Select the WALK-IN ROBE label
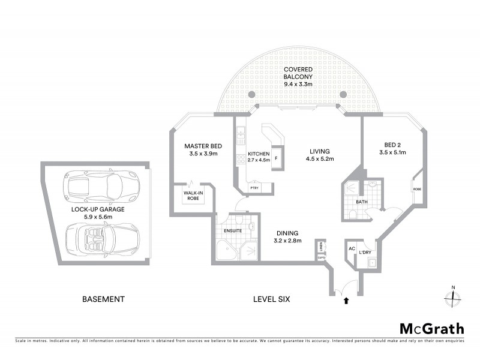pyautogui.click(x=193, y=195)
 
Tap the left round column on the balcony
pyautogui.click(x=251, y=95)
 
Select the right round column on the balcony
pyautogui.click(x=343, y=95)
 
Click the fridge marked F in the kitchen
pyautogui.click(x=276, y=160)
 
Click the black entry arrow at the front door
pyautogui.click(x=346, y=301)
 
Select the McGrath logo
pyautogui.click(x=432, y=328)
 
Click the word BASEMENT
pyautogui.click(x=103, y=299)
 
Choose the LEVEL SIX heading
pyautogui.click(x=271, y=299)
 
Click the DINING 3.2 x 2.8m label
pyautogui.click(x=288, y=237)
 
